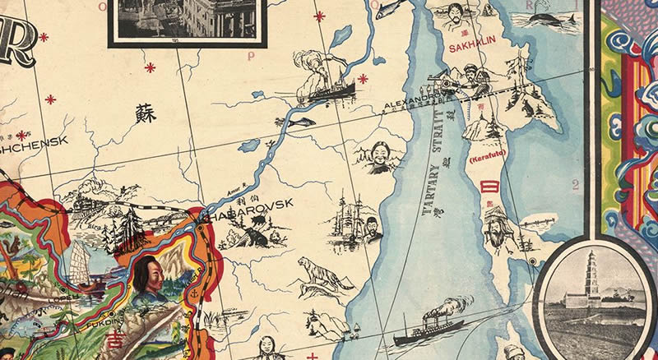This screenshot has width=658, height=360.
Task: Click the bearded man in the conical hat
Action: (496, 225)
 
